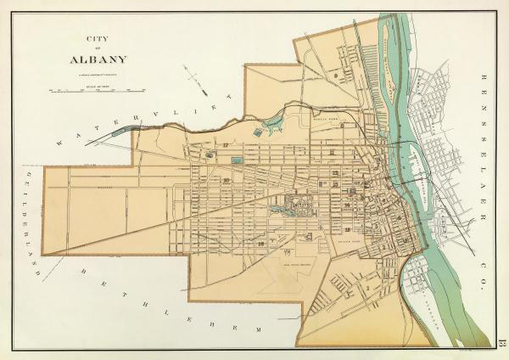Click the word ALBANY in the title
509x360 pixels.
point(98,59)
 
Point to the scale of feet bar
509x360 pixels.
point(98,87)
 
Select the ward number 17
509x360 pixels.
point(227,146)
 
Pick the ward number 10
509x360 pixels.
point(226,180)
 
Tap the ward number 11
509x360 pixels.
point(333,152)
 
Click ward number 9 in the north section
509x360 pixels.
point(336,76)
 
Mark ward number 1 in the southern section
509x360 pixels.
point(366,287)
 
